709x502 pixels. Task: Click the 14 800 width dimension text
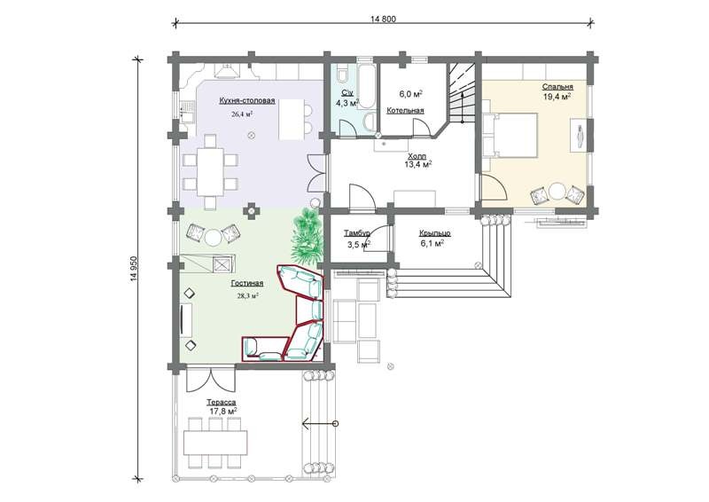click(x=383, y=19)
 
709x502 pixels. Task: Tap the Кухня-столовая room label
click(x=247, y=101)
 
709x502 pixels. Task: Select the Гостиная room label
click(x=247, y=284)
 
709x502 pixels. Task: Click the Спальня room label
click(x=557, y=86)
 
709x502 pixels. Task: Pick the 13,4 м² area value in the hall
click(x=417, y=164)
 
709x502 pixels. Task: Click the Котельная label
click(x=405, y=111)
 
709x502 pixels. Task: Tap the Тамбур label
click(x=357, y=233)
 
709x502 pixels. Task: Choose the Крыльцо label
click(x=434, y=233)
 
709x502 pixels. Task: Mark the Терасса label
click(x=222, y=402)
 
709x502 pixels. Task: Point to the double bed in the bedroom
click(x=510, y=135)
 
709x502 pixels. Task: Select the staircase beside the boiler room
click(x=461, y=93)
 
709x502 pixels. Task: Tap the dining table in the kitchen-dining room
click(x=210, y=171)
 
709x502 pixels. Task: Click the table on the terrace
click(x=215, y=443)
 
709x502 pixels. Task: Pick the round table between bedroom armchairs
click(x=557, y=191)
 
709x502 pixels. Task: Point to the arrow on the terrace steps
click(x=320, y=424)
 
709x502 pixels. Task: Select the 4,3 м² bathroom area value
click(x=347, y=103)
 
